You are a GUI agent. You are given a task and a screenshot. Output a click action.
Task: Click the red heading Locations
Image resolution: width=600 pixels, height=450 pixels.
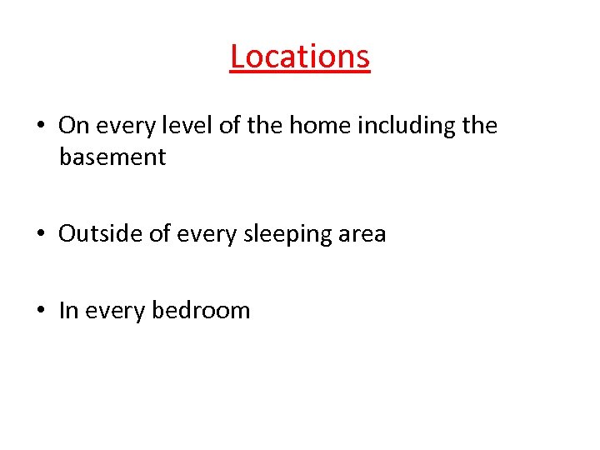(299, 57)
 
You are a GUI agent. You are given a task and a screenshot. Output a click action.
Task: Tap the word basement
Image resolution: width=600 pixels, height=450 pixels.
(112, 157)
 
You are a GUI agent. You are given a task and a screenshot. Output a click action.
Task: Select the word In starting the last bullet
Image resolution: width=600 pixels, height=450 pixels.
(68, 311)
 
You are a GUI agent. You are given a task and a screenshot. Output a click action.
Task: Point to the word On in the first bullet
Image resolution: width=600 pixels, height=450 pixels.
(73, 126)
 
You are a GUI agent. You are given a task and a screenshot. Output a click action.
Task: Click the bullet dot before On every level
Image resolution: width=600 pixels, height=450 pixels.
(40, 127)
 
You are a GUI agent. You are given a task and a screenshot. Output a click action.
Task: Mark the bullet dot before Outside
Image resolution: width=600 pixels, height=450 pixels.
(40, 235)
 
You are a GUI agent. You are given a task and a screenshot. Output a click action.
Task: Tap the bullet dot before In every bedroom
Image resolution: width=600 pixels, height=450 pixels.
(40, 312)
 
